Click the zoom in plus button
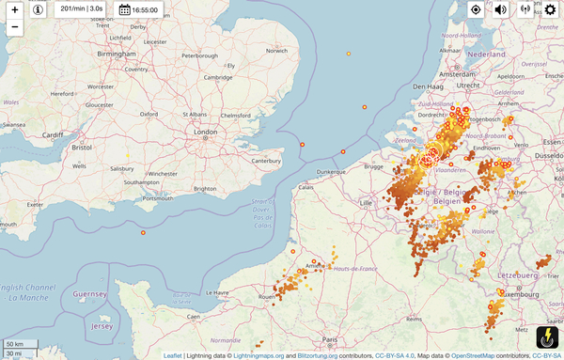(x=15, y=9)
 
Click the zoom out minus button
(x=15, y=27)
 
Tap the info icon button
(x=38, y=9)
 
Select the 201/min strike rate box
(x=81, y=9)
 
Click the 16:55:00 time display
(x=138, y=9)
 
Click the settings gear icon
(x=550, y=9)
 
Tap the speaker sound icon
(x=500, y=9)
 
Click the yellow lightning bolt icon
(x=547, y=338)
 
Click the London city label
(x=205, y=133)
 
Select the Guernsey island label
(x=89, y=294)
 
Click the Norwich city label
(x=276, y=51)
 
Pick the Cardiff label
(x=52, y=135)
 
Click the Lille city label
(x=366, y=202)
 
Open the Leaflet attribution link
(x=172, y=356)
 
